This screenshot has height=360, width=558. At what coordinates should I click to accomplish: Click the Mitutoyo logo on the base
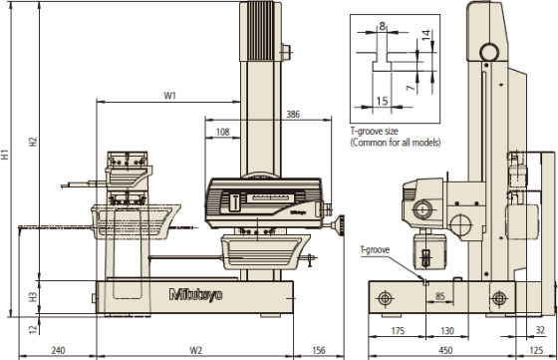(x=195, y=295)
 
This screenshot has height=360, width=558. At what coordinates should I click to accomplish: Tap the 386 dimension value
(x=293, y=114)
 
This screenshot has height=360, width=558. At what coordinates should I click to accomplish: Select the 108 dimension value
(x=223, y=132)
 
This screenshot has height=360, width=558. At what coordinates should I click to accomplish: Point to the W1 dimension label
(x=169, y=96)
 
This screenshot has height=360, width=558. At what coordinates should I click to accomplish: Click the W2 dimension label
(x=195, y=350)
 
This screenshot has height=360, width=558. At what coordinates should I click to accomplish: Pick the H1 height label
(x=5, y=155)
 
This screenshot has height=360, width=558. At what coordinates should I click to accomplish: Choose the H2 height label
(x=33, y=142)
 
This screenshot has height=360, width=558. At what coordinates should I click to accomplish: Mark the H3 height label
(x=33, y=297)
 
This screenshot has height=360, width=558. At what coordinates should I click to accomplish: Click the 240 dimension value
(x=58, y=350)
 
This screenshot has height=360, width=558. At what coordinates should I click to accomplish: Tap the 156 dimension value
(x=319, y=350)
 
